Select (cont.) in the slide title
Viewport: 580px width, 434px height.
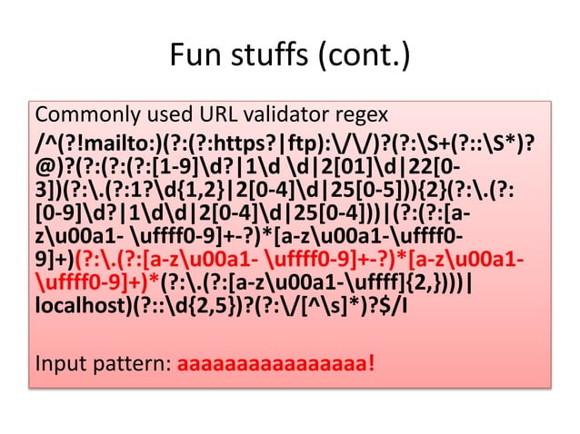tap(361, 59)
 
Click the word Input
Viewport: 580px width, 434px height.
tap(57, 368)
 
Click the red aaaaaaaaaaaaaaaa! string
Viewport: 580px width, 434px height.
tap(275, 368)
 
